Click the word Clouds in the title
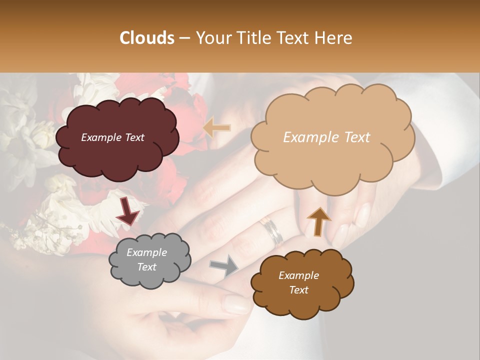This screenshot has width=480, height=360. pos(147,38)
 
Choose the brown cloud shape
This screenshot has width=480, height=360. pos(302,282)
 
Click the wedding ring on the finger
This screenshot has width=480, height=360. pos(272,231)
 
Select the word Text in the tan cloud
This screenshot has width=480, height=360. pos(354,137)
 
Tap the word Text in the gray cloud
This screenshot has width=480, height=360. pos(147,267)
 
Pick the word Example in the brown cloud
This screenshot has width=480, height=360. pos(298,275)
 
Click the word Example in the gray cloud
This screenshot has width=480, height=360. pos(147,252)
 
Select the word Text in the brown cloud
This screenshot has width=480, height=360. pos(298,290)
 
